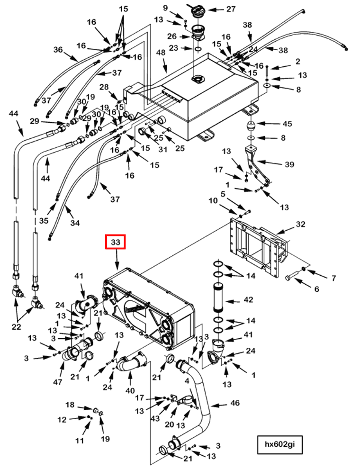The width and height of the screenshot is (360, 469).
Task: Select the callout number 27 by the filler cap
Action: pyautogui.click(x=231, y=9)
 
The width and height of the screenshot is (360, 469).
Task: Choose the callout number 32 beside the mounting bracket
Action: pyautogui.click(x=301, y=224)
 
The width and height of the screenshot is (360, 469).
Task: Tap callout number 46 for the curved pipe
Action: pyautogui.click(x=234, y=404)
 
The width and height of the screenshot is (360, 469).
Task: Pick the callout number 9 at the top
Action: pyautogui.click(x=166, y=8)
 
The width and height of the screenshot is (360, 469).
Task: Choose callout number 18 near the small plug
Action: pyautogui.click(x=70, y=405)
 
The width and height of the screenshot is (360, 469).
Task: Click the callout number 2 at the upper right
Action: pyautogui.click(x=298, y=62)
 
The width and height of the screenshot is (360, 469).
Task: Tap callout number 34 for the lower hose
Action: pyautogui.click(x=75, y=223)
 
